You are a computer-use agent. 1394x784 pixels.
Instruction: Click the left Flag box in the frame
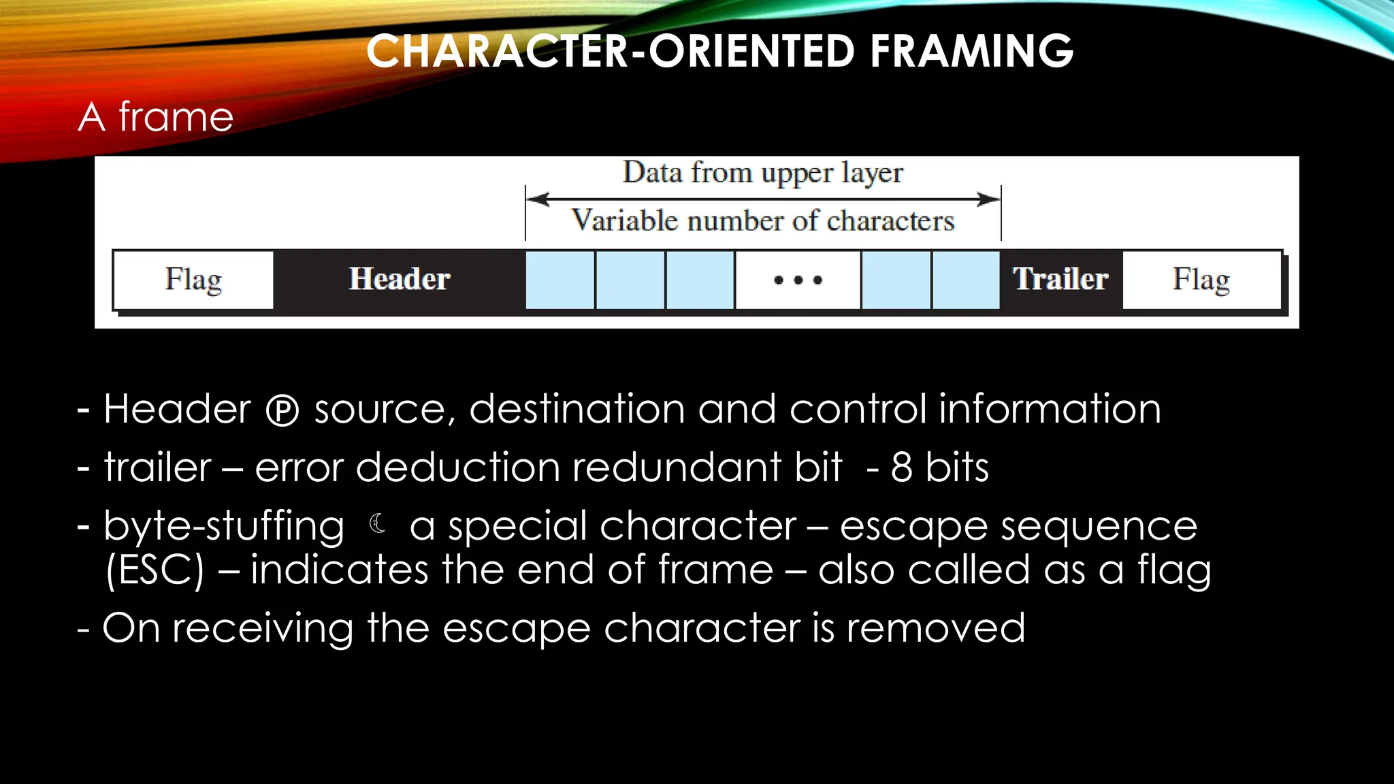tap(193, 280)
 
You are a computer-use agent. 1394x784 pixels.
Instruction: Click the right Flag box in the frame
tap(1201, 280)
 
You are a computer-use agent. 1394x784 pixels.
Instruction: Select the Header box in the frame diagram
tap(400, 280)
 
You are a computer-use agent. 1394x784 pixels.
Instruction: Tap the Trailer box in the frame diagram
tap(1060, 280)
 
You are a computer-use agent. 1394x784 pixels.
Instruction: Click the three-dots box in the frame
tap(798, 280)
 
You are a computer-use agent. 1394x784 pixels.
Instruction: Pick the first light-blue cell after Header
tap(560, 280)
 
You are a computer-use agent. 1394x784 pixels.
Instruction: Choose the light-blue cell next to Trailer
tap(966, 280)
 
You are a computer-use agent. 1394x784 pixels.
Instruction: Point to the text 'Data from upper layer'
tap(763, 173)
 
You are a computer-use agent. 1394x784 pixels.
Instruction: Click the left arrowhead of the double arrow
tap(538, 199)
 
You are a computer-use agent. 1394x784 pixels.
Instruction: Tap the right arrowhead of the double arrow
tap(988, 199)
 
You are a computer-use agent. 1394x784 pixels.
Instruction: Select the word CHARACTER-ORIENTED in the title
tap(610, 52)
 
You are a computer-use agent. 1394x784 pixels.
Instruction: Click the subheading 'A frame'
tap(156, 116)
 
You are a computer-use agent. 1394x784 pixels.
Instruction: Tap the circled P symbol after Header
tap(282, 411)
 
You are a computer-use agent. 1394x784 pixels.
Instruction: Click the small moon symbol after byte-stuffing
tap(378, 523)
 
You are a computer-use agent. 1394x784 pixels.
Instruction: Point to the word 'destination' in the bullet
tap(577, 410)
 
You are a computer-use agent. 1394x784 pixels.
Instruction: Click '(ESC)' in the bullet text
tap(155, 570)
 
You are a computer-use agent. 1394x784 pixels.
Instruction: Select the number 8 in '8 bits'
tap(901, 468)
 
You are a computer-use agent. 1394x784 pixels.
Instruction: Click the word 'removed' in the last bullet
tap(935, 628)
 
